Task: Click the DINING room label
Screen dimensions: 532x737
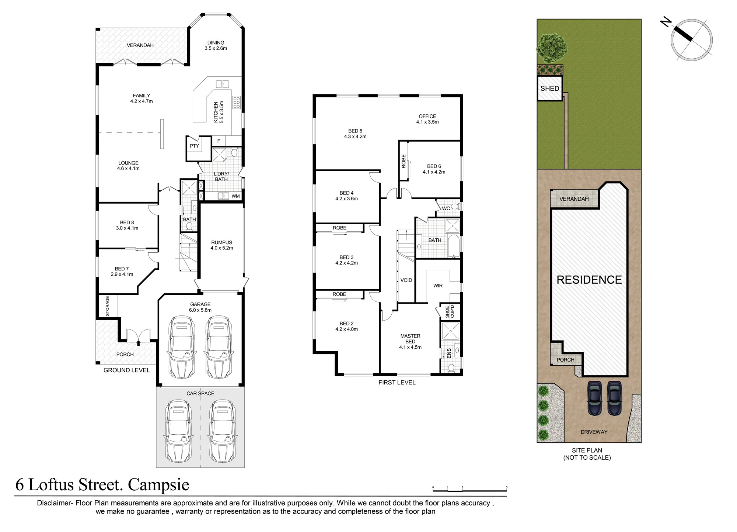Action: coord(216,43)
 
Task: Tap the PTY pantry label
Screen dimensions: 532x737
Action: coord(194,146)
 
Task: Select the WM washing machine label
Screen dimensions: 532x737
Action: coord(235,196)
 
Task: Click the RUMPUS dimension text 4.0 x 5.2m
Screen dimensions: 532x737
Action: coord(221,248)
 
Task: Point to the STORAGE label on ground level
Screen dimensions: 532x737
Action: coord(108,306)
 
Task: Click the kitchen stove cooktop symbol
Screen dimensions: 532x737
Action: coord(236,102)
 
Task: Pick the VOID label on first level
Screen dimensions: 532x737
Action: coord(406,280)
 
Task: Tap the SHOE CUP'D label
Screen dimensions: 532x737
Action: coord(450,311)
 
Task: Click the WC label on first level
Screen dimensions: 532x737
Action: coord(446,208)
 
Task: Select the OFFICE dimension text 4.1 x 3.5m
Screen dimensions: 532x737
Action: coord(427,122)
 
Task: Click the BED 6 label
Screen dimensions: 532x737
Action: coord(434,166)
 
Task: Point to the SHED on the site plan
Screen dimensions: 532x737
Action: coord(549,89)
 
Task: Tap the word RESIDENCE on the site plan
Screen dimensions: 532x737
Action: coord(589,280)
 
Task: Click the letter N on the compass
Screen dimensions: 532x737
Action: coord(666,23)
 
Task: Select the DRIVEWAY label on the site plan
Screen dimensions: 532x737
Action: coord(594,432)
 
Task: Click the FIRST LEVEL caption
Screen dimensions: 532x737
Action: coord(397,383)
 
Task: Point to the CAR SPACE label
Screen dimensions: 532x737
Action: coord(200,394)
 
